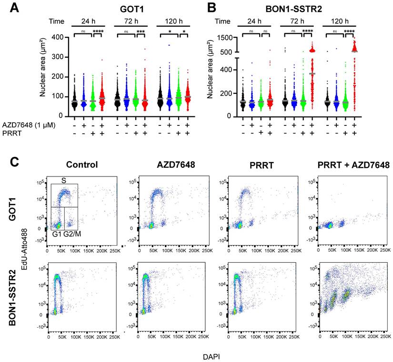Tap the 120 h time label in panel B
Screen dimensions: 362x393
tap(342, 21)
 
